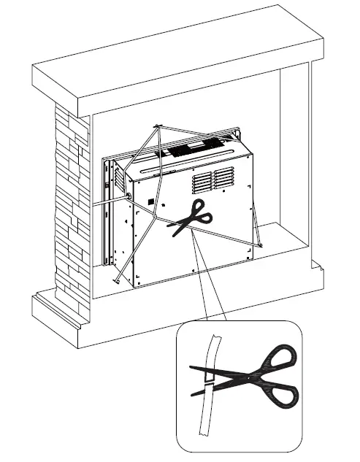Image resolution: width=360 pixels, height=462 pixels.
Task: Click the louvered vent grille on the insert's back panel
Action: pyautogui.click(x=213, y=180)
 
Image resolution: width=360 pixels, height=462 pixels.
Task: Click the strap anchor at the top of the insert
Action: pyautogui.click(x=157, y=127)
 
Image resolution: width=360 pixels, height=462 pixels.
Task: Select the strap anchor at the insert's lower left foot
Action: pyautogui.click(x=117, y=280)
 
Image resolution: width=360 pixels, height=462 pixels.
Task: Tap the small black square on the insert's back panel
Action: pyautogui.click(x=150, y=201)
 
